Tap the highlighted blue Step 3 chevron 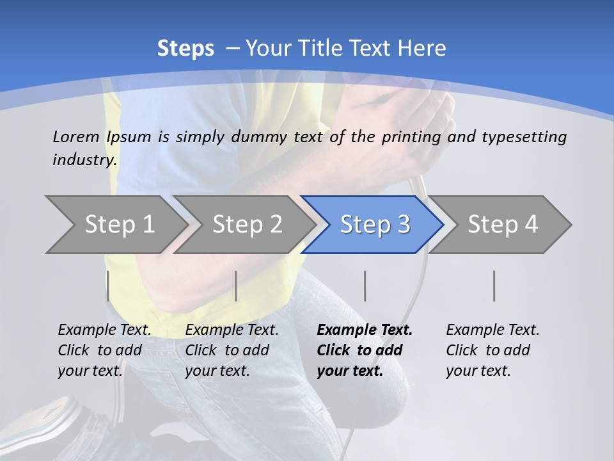coord(375,224)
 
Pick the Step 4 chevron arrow coord(503,224)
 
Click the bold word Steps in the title coord(185,48)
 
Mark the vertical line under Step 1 coord(108,286)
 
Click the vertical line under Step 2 coord(236,286)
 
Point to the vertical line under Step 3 coord(365,286)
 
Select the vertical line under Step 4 coord(494,286)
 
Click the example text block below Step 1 coord(104,350)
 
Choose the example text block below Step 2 coord(232,350)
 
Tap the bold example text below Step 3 coord(365,350)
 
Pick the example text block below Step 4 coord(492,350)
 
